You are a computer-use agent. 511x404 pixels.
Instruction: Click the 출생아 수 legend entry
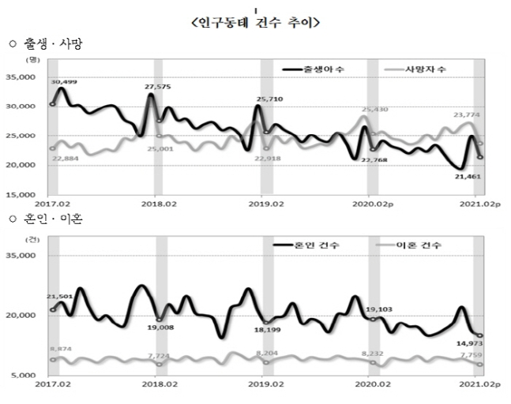[323, 70]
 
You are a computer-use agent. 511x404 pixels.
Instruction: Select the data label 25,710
[272, 100]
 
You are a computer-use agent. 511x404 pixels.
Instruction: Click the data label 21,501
[61, 297]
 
